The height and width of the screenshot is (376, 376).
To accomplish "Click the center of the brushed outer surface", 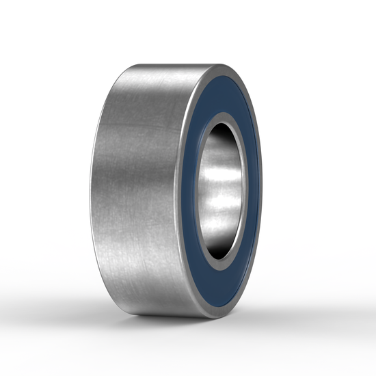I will coord(137,188).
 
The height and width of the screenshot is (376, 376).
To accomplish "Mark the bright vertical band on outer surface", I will coord(147,188).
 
